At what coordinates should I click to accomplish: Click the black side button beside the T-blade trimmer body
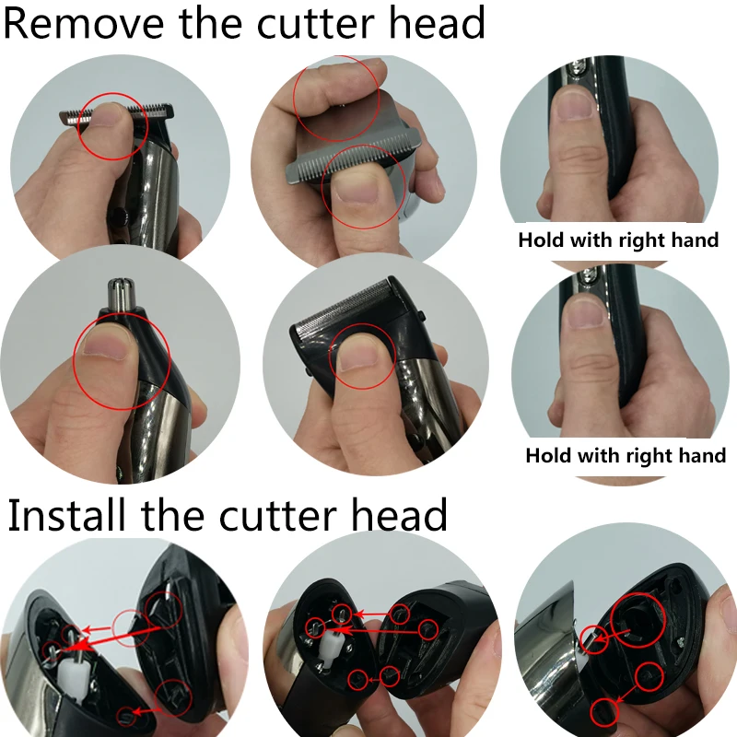point(117,216)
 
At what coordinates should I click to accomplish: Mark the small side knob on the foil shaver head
point(421,317)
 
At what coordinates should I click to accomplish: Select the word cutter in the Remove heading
point(322,22)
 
